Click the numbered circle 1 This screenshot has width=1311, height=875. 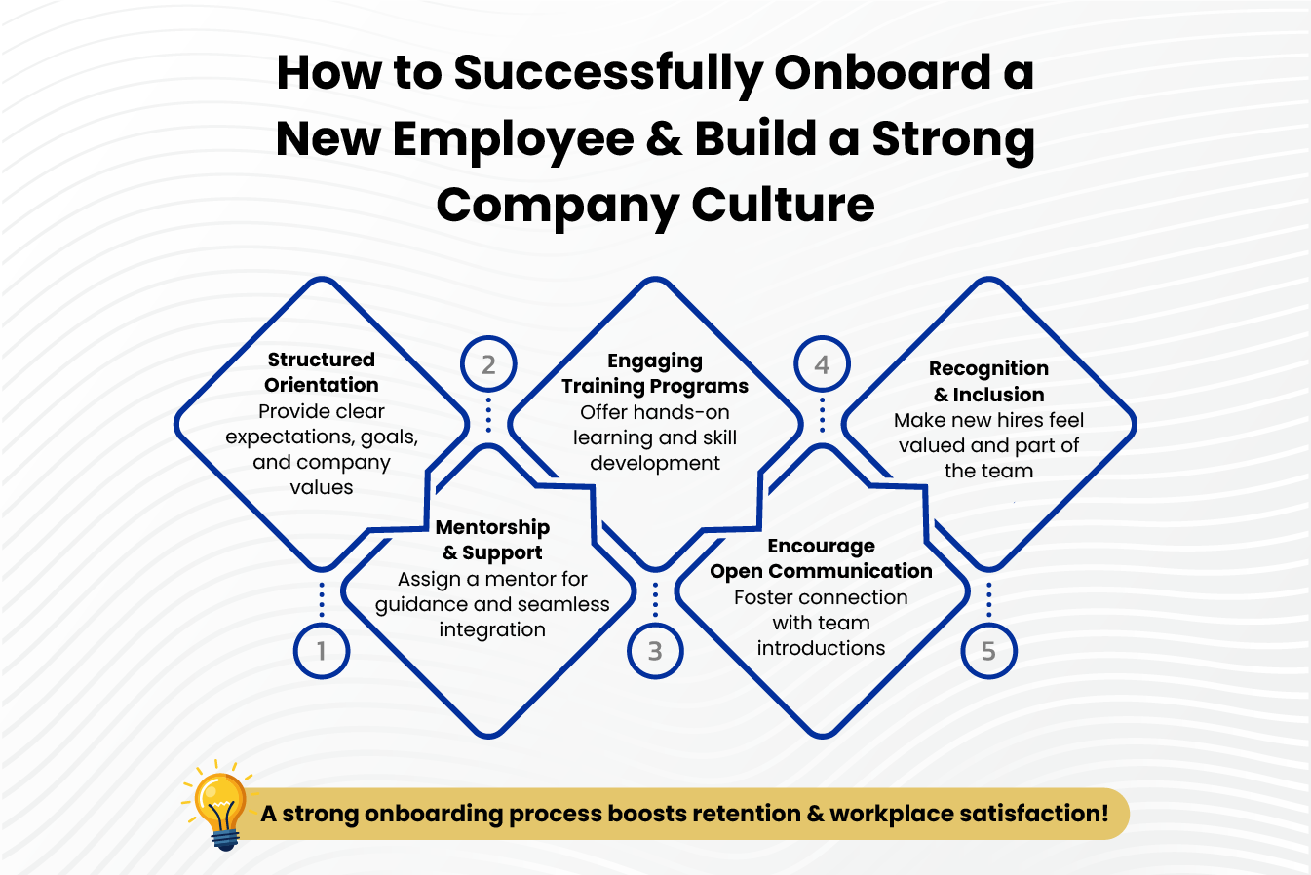coord(322,651)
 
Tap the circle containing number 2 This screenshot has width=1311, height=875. coord(488,364)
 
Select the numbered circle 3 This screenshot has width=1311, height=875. coord(655,651)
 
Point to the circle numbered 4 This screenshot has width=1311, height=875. coord(822,364)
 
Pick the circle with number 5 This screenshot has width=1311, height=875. coord(988,651)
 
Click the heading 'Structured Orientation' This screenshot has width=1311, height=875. coord(322,372)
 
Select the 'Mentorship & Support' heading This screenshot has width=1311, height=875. coord(492,540)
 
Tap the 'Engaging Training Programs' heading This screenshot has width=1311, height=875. coord(655,373)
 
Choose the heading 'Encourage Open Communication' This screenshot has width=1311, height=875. coord(821,558)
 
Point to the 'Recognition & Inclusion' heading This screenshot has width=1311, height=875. coord(988,381)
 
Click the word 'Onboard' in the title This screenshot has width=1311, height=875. coord(882,73)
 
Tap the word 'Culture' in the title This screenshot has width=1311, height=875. coord(783,206)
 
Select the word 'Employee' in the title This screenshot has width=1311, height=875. coord(513,139)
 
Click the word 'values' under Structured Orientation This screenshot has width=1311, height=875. coord(322,487)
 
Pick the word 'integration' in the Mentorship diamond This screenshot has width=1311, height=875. coord(492,629)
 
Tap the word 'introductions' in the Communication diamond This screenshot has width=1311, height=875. coord(821,648)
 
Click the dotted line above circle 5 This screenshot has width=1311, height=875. coord(988,600)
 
